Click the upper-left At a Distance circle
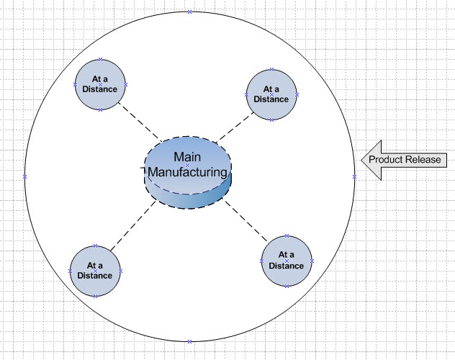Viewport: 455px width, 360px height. [100, 85]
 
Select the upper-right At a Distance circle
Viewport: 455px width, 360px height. [271, 95]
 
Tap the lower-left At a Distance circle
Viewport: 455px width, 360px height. [95, 271]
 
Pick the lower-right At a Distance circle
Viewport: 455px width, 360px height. [287, 260]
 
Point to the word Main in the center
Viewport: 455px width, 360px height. [187, 156]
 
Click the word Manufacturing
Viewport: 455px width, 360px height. [188, 172]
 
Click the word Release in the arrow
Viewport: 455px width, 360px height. [424, 159]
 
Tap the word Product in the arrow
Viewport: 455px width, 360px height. [384, 159]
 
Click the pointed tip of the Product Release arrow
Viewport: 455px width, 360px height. [362, 159]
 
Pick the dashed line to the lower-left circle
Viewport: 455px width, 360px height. [134, 228]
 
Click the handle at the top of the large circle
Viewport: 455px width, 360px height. [189, 12]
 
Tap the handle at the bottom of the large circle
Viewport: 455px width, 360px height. [189, 341]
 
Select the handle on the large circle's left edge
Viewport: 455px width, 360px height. [24, 176]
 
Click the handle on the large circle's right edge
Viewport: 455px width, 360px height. [354, 176]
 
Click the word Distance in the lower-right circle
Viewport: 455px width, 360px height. [287, 265]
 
